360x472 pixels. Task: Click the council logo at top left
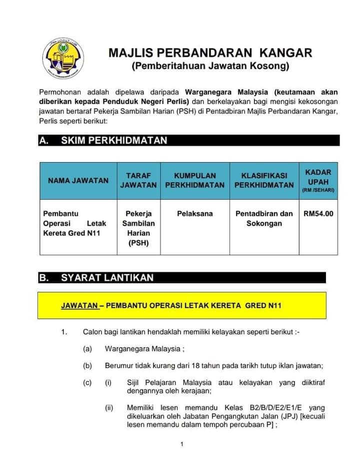pos(62,57)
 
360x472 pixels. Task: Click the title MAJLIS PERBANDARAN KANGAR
pos(210,53)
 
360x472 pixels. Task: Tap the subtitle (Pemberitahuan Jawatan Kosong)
pos(210,66)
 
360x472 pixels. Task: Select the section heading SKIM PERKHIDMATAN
pos(114,141)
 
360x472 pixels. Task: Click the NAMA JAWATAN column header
pos(78,181)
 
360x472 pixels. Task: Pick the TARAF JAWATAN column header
pos(138,181)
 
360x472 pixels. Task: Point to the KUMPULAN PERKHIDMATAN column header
pos(195,181)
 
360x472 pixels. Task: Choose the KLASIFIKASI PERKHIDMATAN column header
pos(264,181)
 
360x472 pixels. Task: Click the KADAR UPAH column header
pos(318,181)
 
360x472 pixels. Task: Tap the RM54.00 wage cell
pos(318,214)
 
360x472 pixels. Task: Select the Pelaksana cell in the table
pos(195,214)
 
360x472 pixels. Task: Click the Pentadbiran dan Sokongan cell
pos(264,218)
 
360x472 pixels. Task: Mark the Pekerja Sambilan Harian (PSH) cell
pos(138,228)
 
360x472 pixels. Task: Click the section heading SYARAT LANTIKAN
pos(107,277)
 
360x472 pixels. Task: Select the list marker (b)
pos(87,366)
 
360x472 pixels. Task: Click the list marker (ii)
pos(109,408)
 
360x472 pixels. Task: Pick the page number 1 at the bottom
pos(182,444)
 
